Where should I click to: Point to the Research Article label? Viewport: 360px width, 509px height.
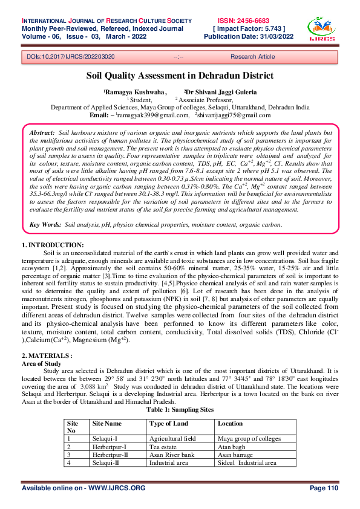252,56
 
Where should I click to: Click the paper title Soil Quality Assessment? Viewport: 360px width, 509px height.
179,76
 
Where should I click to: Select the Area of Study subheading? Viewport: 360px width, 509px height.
42,365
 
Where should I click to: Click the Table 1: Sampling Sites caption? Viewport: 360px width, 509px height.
180,409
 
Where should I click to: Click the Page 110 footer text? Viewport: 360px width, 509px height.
323,488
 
